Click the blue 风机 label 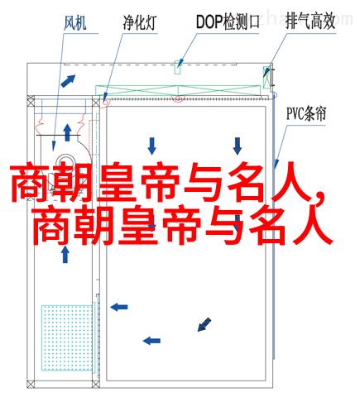(75, 23)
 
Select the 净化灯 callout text (140, 22)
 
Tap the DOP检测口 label (228, 22)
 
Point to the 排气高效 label (310, 22)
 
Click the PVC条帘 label (306, 113)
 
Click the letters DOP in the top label (209, 22)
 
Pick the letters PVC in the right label (295, 113)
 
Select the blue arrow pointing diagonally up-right (68, 81)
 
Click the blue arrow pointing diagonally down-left (204, 324)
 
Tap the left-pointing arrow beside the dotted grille (119, 307)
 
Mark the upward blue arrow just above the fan (67, 132)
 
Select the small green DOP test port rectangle (178, 67)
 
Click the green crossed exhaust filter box (266, 77)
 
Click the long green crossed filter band (178, 91)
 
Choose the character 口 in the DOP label (253, 22)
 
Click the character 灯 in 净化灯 (151, 22)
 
